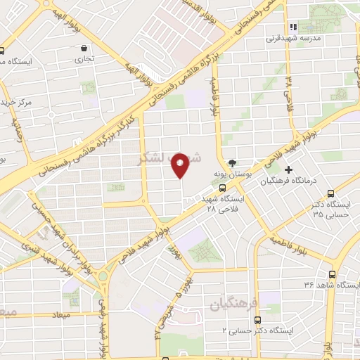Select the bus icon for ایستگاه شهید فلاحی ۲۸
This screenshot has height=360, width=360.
coord(223,188)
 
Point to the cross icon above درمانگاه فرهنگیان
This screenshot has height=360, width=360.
coord(288,169)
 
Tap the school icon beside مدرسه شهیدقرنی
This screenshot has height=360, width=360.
coord(294,27)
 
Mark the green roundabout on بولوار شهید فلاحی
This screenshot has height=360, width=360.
coord(103,275)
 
